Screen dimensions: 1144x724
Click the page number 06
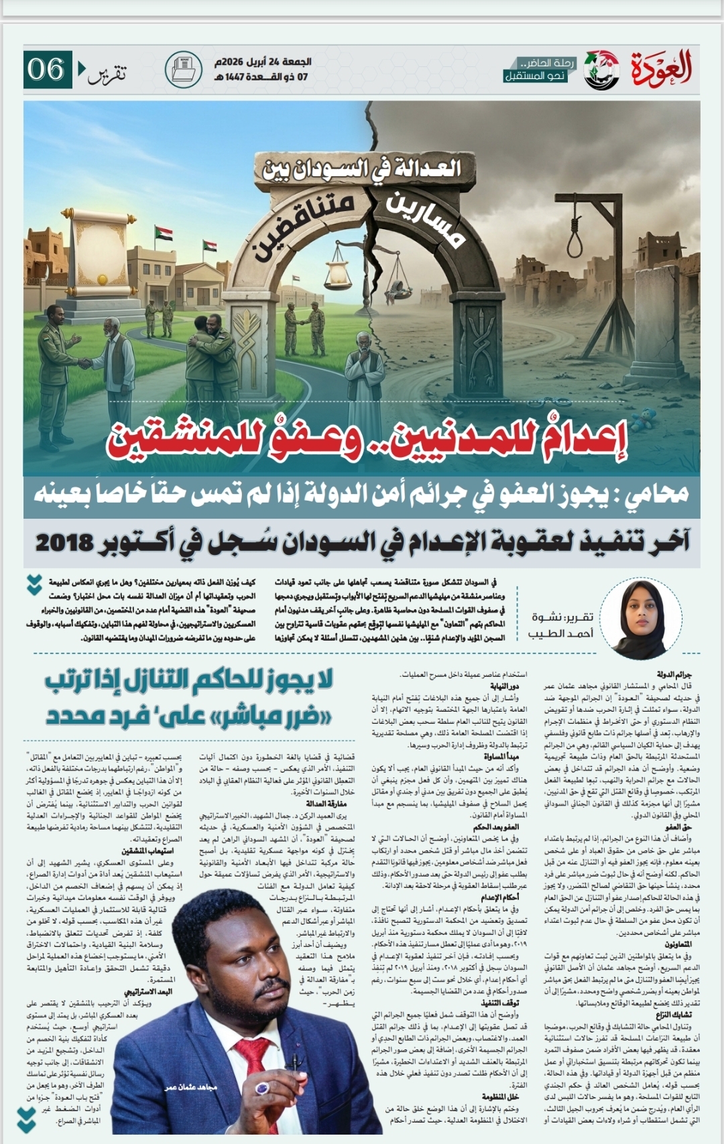[x=46, y=69]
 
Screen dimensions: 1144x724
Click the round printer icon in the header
[x=183, y=69]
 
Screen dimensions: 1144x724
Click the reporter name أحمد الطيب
[x=560, y=633]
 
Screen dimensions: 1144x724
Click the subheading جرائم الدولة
[x=674, y=674]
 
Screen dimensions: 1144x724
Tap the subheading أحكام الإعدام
[x=499, y=897]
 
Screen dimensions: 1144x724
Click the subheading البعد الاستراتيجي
[x=148, y=991]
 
